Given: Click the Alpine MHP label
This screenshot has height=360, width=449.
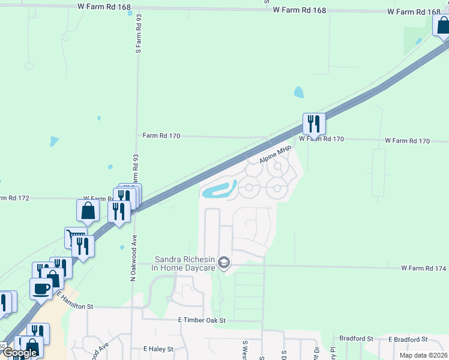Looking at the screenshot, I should point(275,155).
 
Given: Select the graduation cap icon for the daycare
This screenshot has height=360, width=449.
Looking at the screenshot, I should point(224,262).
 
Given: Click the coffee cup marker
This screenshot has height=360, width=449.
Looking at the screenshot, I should point(41,289).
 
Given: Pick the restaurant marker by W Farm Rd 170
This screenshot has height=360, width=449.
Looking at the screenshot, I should point(314,124).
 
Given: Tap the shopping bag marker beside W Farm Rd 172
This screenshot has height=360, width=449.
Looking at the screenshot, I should point(88,211).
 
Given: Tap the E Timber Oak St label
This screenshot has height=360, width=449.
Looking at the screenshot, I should point(201,320).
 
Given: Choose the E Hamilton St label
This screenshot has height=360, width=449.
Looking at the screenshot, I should point(76,301).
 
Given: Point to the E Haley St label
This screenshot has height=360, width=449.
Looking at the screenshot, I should point(158,349).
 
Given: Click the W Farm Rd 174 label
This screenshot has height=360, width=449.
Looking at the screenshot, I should point(424,268).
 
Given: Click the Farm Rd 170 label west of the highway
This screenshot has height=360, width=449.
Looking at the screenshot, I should point(161,136).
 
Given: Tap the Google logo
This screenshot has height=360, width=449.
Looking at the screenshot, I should point(20,353).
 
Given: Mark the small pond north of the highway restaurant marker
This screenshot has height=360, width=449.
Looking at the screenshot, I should point(298,92).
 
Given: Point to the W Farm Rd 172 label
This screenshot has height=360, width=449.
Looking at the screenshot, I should point(96,198).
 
